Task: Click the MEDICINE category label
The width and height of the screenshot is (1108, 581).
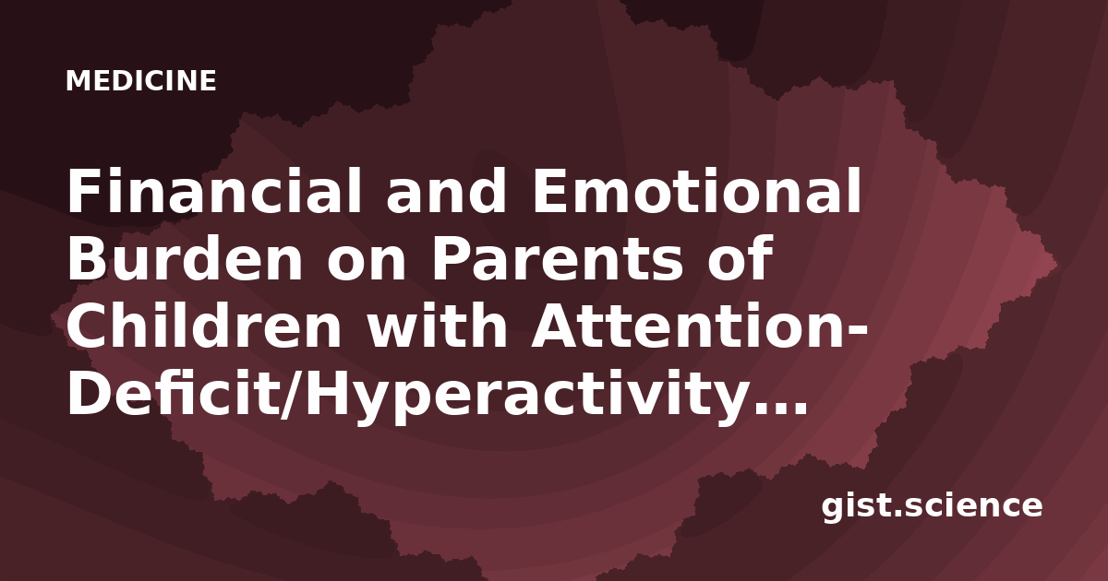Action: tap(141, 80)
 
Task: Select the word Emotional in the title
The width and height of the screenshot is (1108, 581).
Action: tap(696, 190)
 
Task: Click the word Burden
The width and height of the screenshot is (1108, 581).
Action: tap(185, 258)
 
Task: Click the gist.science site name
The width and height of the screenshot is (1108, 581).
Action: tap(932, 506)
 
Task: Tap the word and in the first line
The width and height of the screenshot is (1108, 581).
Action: tap(446, 190)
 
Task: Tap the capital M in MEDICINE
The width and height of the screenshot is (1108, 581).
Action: tap(77, 81)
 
